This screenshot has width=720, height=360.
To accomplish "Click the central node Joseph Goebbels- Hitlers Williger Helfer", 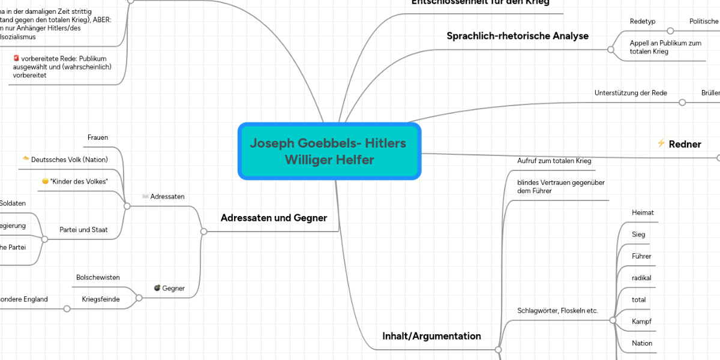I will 329,151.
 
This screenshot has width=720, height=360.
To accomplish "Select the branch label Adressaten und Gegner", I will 274,218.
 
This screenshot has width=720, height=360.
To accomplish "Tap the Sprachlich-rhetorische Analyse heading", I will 517,36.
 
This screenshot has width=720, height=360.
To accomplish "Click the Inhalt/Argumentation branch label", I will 431,336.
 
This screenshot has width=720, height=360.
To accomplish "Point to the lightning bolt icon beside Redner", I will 661,143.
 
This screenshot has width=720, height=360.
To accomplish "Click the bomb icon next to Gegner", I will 157,288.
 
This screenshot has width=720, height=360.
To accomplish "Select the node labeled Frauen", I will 98,137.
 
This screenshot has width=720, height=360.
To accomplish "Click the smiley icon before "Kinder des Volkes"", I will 46,181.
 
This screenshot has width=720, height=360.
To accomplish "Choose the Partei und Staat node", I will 83,230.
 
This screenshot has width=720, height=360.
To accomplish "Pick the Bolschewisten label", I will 98,277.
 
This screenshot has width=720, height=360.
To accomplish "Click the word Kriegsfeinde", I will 100,299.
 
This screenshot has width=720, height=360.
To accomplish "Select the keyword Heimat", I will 643,213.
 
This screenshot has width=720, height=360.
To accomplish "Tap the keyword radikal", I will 641,278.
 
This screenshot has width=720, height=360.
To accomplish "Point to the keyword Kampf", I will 641,322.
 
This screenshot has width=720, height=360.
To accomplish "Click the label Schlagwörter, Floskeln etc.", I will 557,311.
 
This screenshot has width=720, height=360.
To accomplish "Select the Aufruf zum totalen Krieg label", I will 554,161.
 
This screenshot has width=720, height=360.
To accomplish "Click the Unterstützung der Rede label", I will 631,93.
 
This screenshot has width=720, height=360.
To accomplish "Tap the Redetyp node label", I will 643,21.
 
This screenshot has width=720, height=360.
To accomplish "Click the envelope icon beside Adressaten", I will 145,196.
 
